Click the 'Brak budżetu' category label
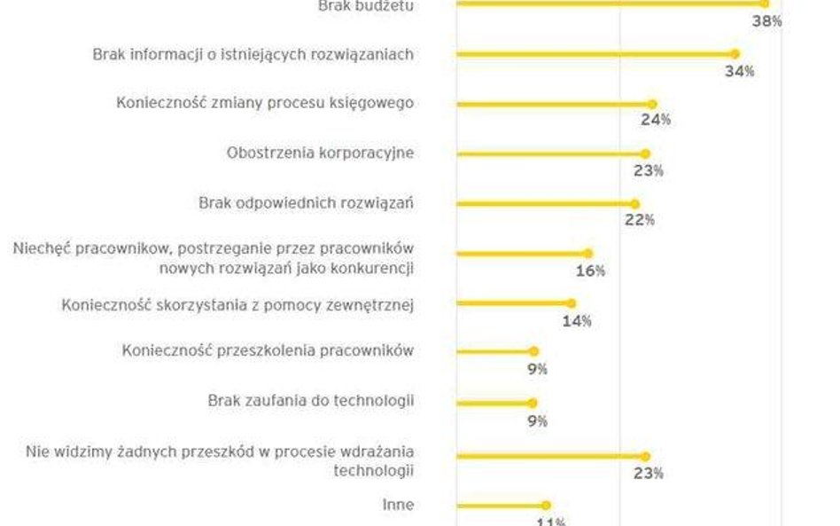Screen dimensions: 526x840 pos(365,5)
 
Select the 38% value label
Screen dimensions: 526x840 pos(766,20)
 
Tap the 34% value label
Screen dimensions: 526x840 pos(739,71)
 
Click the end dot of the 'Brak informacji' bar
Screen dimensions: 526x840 pos(735,54)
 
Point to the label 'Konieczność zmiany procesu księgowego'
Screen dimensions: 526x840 pos(265,103)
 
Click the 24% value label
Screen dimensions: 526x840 pos(657,120)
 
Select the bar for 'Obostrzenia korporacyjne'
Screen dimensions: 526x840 pos(550,153)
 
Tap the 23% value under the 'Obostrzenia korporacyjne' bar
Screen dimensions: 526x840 pos(649,170)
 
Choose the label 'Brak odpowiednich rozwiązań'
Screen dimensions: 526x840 pos(306,203)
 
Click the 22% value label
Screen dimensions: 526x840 pos(639,220)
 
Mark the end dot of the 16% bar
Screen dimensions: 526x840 pos(588,254)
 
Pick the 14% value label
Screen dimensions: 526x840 pos(576,320)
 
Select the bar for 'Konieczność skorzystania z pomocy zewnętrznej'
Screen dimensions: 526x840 pos(514,303)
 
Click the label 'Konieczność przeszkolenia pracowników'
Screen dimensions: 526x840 pos(268,350)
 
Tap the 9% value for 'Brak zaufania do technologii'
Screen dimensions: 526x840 pos(537,420)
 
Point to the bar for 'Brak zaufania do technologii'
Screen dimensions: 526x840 pos(494,403)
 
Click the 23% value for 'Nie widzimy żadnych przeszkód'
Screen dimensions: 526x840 pos(649,473)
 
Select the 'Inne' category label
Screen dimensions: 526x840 pos(398,505)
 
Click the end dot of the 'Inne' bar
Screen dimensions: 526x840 pos(546,506)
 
